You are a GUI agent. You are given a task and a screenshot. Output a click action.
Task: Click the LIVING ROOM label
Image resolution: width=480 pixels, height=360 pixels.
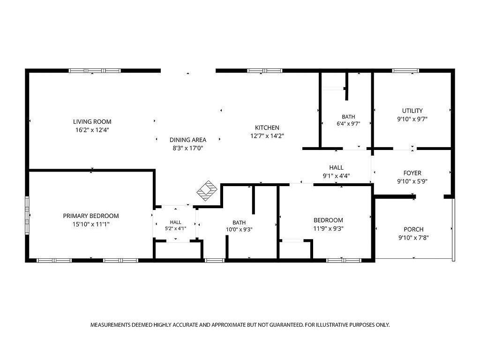pos(92,121)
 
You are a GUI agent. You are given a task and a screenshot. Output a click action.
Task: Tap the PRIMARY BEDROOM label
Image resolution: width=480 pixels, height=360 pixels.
pos(91,216)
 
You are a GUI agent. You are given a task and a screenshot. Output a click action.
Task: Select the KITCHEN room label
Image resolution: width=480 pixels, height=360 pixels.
pos(267,127)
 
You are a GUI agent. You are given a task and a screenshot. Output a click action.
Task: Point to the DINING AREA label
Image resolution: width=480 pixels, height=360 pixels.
pos(188,140)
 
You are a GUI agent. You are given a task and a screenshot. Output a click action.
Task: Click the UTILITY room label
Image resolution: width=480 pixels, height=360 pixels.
pos(412,111)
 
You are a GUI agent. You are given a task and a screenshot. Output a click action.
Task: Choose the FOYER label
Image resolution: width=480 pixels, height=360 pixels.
pos(412,173)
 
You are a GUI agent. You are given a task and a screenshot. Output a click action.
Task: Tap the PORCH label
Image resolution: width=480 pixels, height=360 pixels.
pos(413,229)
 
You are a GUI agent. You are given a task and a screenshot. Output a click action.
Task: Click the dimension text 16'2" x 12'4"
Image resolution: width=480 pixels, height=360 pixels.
pos(92,130)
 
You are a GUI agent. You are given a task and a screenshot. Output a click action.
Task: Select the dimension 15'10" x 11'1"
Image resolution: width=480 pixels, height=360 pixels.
pos(91,225)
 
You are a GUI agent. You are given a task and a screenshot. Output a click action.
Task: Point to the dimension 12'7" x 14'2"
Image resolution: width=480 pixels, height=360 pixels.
pos(267,136)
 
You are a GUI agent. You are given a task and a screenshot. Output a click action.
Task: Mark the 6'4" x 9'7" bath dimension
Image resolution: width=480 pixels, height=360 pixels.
pos(348,124)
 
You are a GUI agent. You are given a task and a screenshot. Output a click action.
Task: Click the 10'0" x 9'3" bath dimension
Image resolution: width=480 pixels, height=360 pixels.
pos(239,230)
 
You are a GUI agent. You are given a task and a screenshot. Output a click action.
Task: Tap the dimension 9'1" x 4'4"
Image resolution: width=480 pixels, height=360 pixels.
pos(336,176)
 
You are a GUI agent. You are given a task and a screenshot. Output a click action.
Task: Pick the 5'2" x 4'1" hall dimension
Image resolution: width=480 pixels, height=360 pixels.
pos(176,228)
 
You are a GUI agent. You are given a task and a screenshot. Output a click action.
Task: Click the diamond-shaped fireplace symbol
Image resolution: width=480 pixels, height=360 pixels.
pos(207,191)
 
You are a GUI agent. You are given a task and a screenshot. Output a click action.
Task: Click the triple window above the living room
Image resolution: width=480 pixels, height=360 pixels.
pos(95,71)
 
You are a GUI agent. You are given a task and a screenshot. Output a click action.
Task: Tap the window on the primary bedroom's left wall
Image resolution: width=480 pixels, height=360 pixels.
pos(27,216)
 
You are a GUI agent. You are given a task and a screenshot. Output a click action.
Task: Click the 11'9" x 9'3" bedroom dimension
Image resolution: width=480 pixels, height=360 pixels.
pos(328,229)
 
